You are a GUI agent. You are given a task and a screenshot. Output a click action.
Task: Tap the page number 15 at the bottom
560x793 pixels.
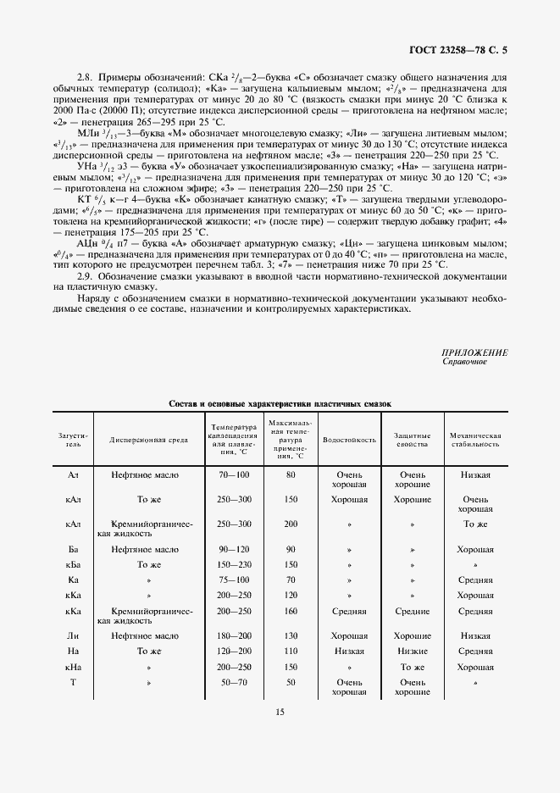pos(280,712)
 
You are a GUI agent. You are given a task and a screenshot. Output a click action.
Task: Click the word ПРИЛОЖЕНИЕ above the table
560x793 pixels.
pos(475,352)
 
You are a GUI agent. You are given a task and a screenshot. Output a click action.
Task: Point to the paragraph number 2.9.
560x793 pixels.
pos(85,277)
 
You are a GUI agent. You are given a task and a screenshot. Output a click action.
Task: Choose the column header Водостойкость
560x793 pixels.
pos(349,441)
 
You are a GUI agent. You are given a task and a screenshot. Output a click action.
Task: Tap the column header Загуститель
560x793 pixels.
pos(73,440)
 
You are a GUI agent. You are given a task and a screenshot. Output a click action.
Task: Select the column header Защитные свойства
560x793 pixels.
pos(413,440)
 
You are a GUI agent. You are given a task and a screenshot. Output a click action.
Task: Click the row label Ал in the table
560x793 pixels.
pos(73,475)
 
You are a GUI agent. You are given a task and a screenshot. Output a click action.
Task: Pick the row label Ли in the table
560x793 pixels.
pos(73,635)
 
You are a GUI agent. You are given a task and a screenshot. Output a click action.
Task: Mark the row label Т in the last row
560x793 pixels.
pos(73,682)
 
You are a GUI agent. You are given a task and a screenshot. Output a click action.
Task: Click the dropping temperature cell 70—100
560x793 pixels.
pos(234,475)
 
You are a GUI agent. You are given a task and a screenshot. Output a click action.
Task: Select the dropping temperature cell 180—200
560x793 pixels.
pos(234,635)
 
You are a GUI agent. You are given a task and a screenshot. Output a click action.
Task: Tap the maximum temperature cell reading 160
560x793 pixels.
pos(291,611)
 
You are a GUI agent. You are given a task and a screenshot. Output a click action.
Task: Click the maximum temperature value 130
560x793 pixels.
pos(291,635)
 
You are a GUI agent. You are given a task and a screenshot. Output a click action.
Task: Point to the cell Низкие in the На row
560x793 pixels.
pos(413,652)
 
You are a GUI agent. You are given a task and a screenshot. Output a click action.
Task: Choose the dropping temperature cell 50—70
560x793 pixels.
pos(234,682)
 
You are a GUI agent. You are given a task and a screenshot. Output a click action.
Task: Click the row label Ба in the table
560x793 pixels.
pos(73,549)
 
